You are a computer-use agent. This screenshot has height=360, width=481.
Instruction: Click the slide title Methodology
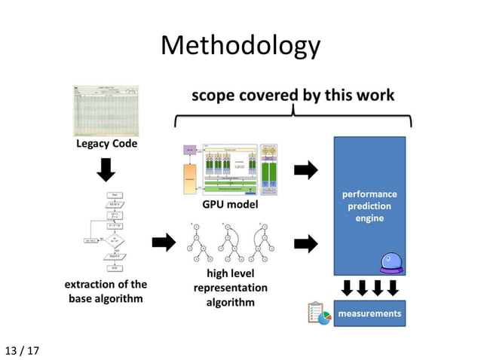240,47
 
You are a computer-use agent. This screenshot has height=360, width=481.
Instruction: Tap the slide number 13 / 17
23,350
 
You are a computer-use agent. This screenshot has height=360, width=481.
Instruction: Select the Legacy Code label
106,144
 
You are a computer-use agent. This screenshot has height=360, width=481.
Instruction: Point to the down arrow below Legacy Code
106,171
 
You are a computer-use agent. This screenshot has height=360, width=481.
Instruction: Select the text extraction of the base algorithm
106,291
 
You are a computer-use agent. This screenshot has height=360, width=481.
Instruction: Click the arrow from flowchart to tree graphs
163,243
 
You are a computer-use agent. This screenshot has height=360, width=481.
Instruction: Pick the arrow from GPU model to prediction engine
305,170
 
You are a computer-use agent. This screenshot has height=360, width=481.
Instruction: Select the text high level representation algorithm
230,288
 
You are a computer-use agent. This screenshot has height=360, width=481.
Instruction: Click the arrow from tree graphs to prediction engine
305,243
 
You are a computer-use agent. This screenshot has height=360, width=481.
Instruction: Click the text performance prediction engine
369,206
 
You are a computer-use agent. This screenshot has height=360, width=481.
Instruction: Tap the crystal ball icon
391,264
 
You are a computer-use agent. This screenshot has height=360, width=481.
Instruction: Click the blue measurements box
369,313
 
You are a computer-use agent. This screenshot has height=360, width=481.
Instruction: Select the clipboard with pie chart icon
320,313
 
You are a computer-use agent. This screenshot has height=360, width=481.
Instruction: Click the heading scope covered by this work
293,96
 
